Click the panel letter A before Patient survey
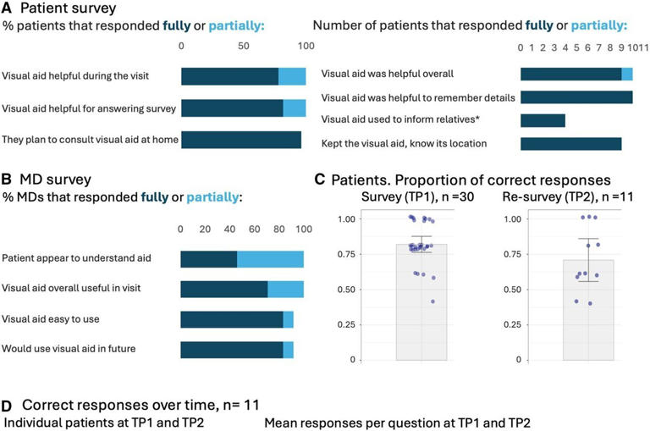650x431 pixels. (8, 9)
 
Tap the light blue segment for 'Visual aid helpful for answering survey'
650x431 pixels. (294, 108)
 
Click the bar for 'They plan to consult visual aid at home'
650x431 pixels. (241, 140)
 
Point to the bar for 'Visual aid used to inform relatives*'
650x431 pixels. (543, 120)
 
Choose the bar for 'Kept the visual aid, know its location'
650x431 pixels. (570, 143)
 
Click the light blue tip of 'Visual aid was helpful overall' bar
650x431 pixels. (627, 75)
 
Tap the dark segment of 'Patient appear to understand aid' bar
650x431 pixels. (208, 258)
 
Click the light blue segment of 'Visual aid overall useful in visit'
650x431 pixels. (285, 289)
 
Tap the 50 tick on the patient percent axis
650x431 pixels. (244, 46)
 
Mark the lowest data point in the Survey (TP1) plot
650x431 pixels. (433, 301)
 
